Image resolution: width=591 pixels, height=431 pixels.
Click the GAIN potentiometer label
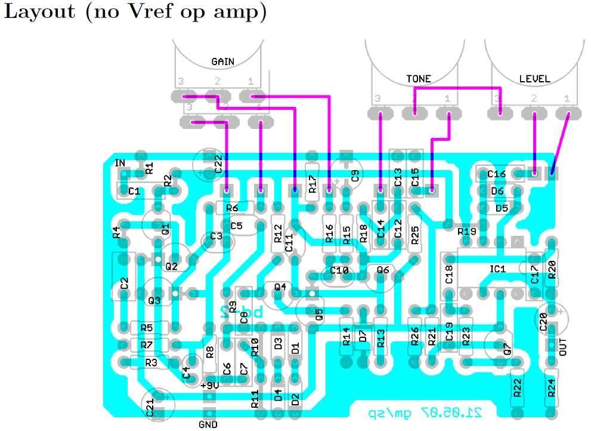click(x=222, y=61)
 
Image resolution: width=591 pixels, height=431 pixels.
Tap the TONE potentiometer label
click(x=419, y=78)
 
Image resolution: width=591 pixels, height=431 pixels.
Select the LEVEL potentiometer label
click(x=534, y=78)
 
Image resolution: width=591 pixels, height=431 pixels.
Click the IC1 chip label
click(x=497, y=269)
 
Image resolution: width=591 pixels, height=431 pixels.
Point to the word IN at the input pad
click(x=120, y=163)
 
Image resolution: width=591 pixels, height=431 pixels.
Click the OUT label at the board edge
click(x=564, y=346)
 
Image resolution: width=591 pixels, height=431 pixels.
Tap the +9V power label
click(x=210, y=386)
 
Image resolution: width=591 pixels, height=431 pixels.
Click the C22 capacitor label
click(x=218, y=164)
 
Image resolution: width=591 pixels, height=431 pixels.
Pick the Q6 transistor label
click(x=383, y=270)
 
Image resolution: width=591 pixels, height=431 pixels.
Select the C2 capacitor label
click(x=124, y=283)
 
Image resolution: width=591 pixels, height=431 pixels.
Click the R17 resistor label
click(x=312, y=189)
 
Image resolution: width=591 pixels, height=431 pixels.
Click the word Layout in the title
click(x=39, y=13)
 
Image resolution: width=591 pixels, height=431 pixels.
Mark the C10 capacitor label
click(x=339, y=270)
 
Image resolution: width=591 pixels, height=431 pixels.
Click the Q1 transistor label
click(x=165, y=229)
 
